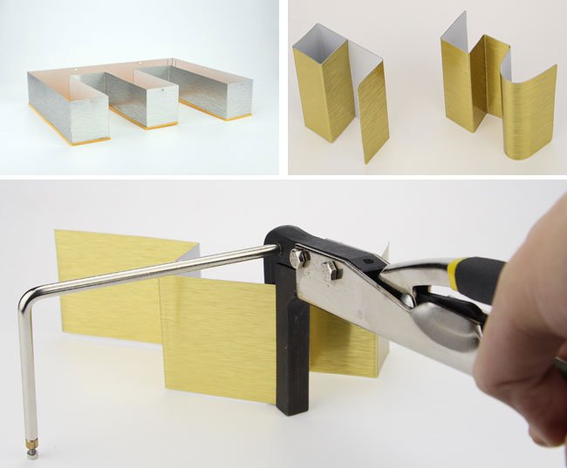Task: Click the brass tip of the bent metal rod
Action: (x=31, y=453)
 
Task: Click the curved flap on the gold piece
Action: (x=529, y=101)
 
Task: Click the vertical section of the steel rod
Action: (x=29, y=383)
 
